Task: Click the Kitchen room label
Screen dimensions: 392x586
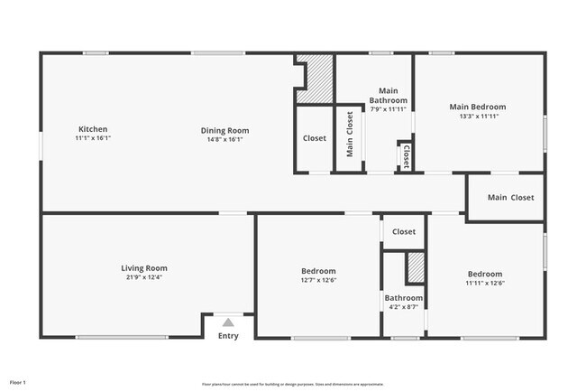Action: (93, 129)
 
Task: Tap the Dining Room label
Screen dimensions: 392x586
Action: (224, 130)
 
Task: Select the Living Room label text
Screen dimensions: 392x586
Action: (144, 267)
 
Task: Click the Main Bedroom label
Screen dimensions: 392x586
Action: (478, 107)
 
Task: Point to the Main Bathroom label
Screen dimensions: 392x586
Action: (389, 95)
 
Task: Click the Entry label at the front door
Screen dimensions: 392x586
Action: (228, 336)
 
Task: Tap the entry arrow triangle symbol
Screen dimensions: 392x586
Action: (228, 322)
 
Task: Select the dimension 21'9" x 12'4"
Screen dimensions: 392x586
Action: (144, 277)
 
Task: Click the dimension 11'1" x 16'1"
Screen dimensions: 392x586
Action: (93, 139)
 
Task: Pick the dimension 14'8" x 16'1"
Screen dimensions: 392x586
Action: (224, 140)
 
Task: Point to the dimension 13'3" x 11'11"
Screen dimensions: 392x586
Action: (478, 117)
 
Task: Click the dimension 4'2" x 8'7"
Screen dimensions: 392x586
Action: (403, 308)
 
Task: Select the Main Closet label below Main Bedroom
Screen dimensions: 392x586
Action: (510, 197)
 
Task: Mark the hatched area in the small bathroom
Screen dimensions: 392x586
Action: (415, 269)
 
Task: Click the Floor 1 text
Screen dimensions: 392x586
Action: (18, 382)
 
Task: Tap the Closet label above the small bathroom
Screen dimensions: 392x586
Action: (404, 231)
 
